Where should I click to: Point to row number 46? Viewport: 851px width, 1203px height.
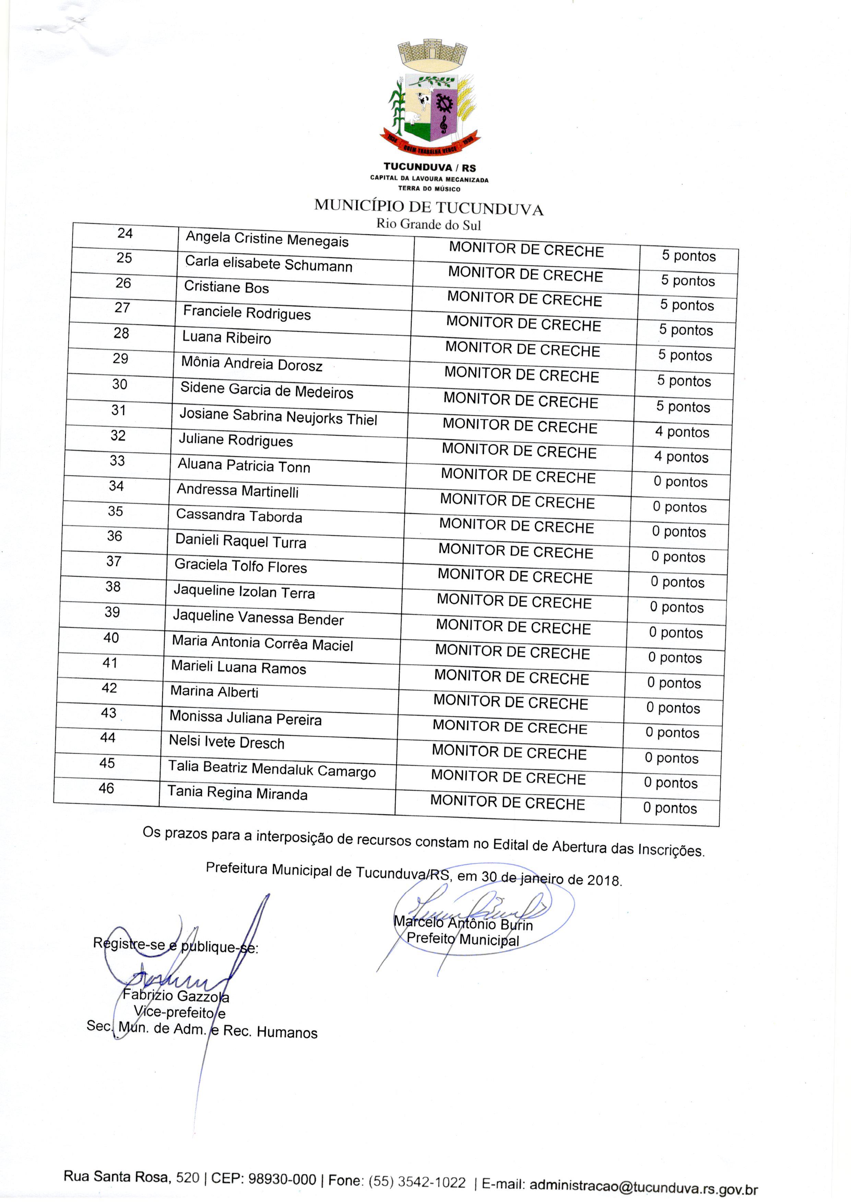pyautogui.click(x=106, y=788)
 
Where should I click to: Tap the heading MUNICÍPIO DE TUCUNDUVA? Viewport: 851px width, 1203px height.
pyautogui.click(x=429, y=208)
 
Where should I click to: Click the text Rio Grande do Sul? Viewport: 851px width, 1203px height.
pyautogui.click(x=429, y=225)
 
